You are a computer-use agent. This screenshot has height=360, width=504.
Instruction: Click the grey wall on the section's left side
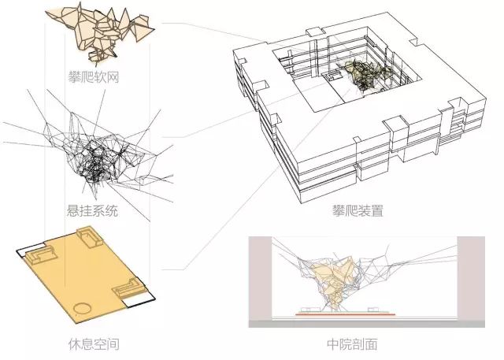pos(258,280)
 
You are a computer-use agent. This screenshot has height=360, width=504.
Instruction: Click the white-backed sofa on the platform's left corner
pos(36,255)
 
